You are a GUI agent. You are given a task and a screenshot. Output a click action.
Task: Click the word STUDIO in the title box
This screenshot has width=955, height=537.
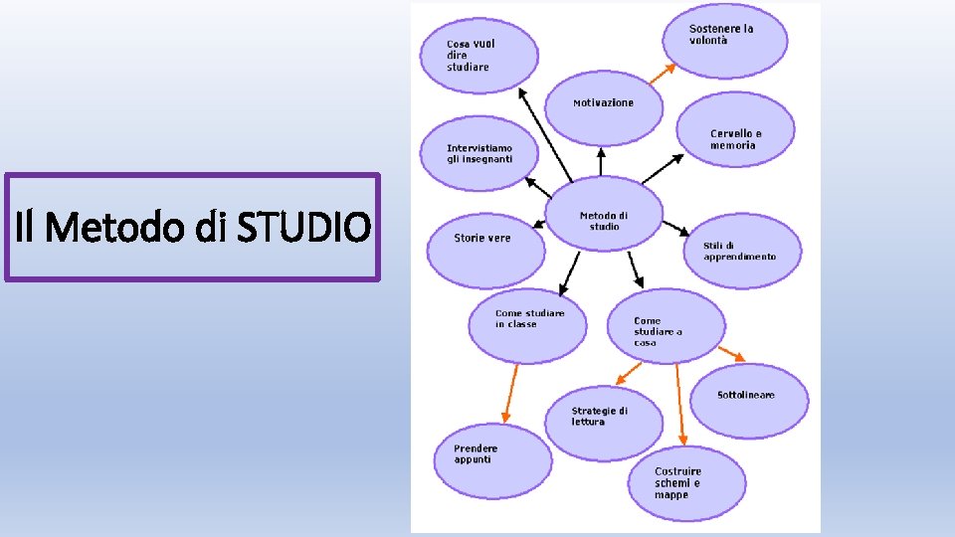tap(302, 228)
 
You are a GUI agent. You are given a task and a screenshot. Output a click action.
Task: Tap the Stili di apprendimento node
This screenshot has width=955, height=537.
tap(742, 251)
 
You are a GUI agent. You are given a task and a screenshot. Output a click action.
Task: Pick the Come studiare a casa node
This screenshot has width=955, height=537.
tap(665, 328)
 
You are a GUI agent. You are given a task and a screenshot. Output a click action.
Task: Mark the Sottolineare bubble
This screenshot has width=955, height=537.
tap(749, 398)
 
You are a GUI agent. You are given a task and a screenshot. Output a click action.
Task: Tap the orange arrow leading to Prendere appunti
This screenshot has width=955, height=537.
tap(510, 393)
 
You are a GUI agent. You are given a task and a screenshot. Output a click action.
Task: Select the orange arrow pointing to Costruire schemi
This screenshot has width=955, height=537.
tap(680, 403)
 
